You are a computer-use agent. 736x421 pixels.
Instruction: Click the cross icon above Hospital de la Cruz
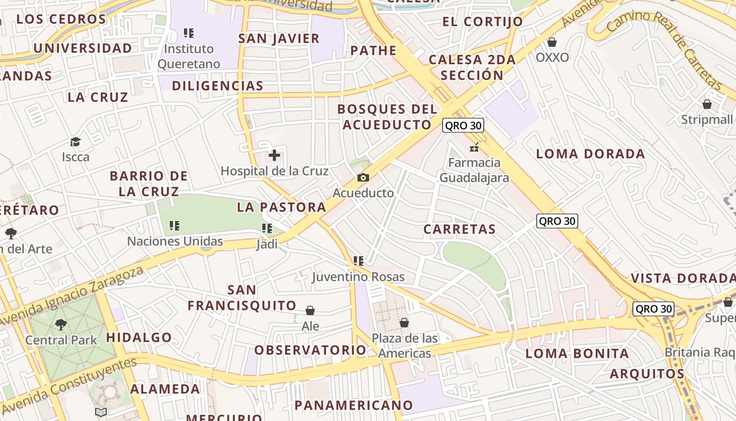[274, 155]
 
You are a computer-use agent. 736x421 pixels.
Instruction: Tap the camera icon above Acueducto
[363, 178]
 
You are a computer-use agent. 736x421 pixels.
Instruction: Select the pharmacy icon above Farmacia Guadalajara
[474, 147]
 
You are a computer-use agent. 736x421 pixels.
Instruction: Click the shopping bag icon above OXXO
[552, 42]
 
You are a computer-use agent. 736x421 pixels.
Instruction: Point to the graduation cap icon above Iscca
[76, 142]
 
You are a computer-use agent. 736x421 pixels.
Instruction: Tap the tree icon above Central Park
[61, 324]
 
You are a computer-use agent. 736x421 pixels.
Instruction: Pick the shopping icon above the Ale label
[310, 310]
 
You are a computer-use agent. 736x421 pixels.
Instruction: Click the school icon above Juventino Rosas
[359, 261]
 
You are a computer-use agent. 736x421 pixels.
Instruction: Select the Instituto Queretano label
[189, 56]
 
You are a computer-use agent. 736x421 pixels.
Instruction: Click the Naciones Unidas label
[175, 242]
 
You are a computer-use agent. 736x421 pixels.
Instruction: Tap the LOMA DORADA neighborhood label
[590, 154]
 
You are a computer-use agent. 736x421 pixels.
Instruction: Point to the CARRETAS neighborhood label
[459, 229]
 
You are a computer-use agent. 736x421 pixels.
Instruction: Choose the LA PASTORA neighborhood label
[282, 207]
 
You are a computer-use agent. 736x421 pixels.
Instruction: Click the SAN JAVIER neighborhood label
[279, 38]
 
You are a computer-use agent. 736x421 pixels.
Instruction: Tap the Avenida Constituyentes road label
[68, 386]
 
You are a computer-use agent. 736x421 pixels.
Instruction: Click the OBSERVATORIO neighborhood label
[310, 350]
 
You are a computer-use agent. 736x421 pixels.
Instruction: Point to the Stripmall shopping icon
[707, 104]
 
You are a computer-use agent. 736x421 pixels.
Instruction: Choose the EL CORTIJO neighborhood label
[483, 22]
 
